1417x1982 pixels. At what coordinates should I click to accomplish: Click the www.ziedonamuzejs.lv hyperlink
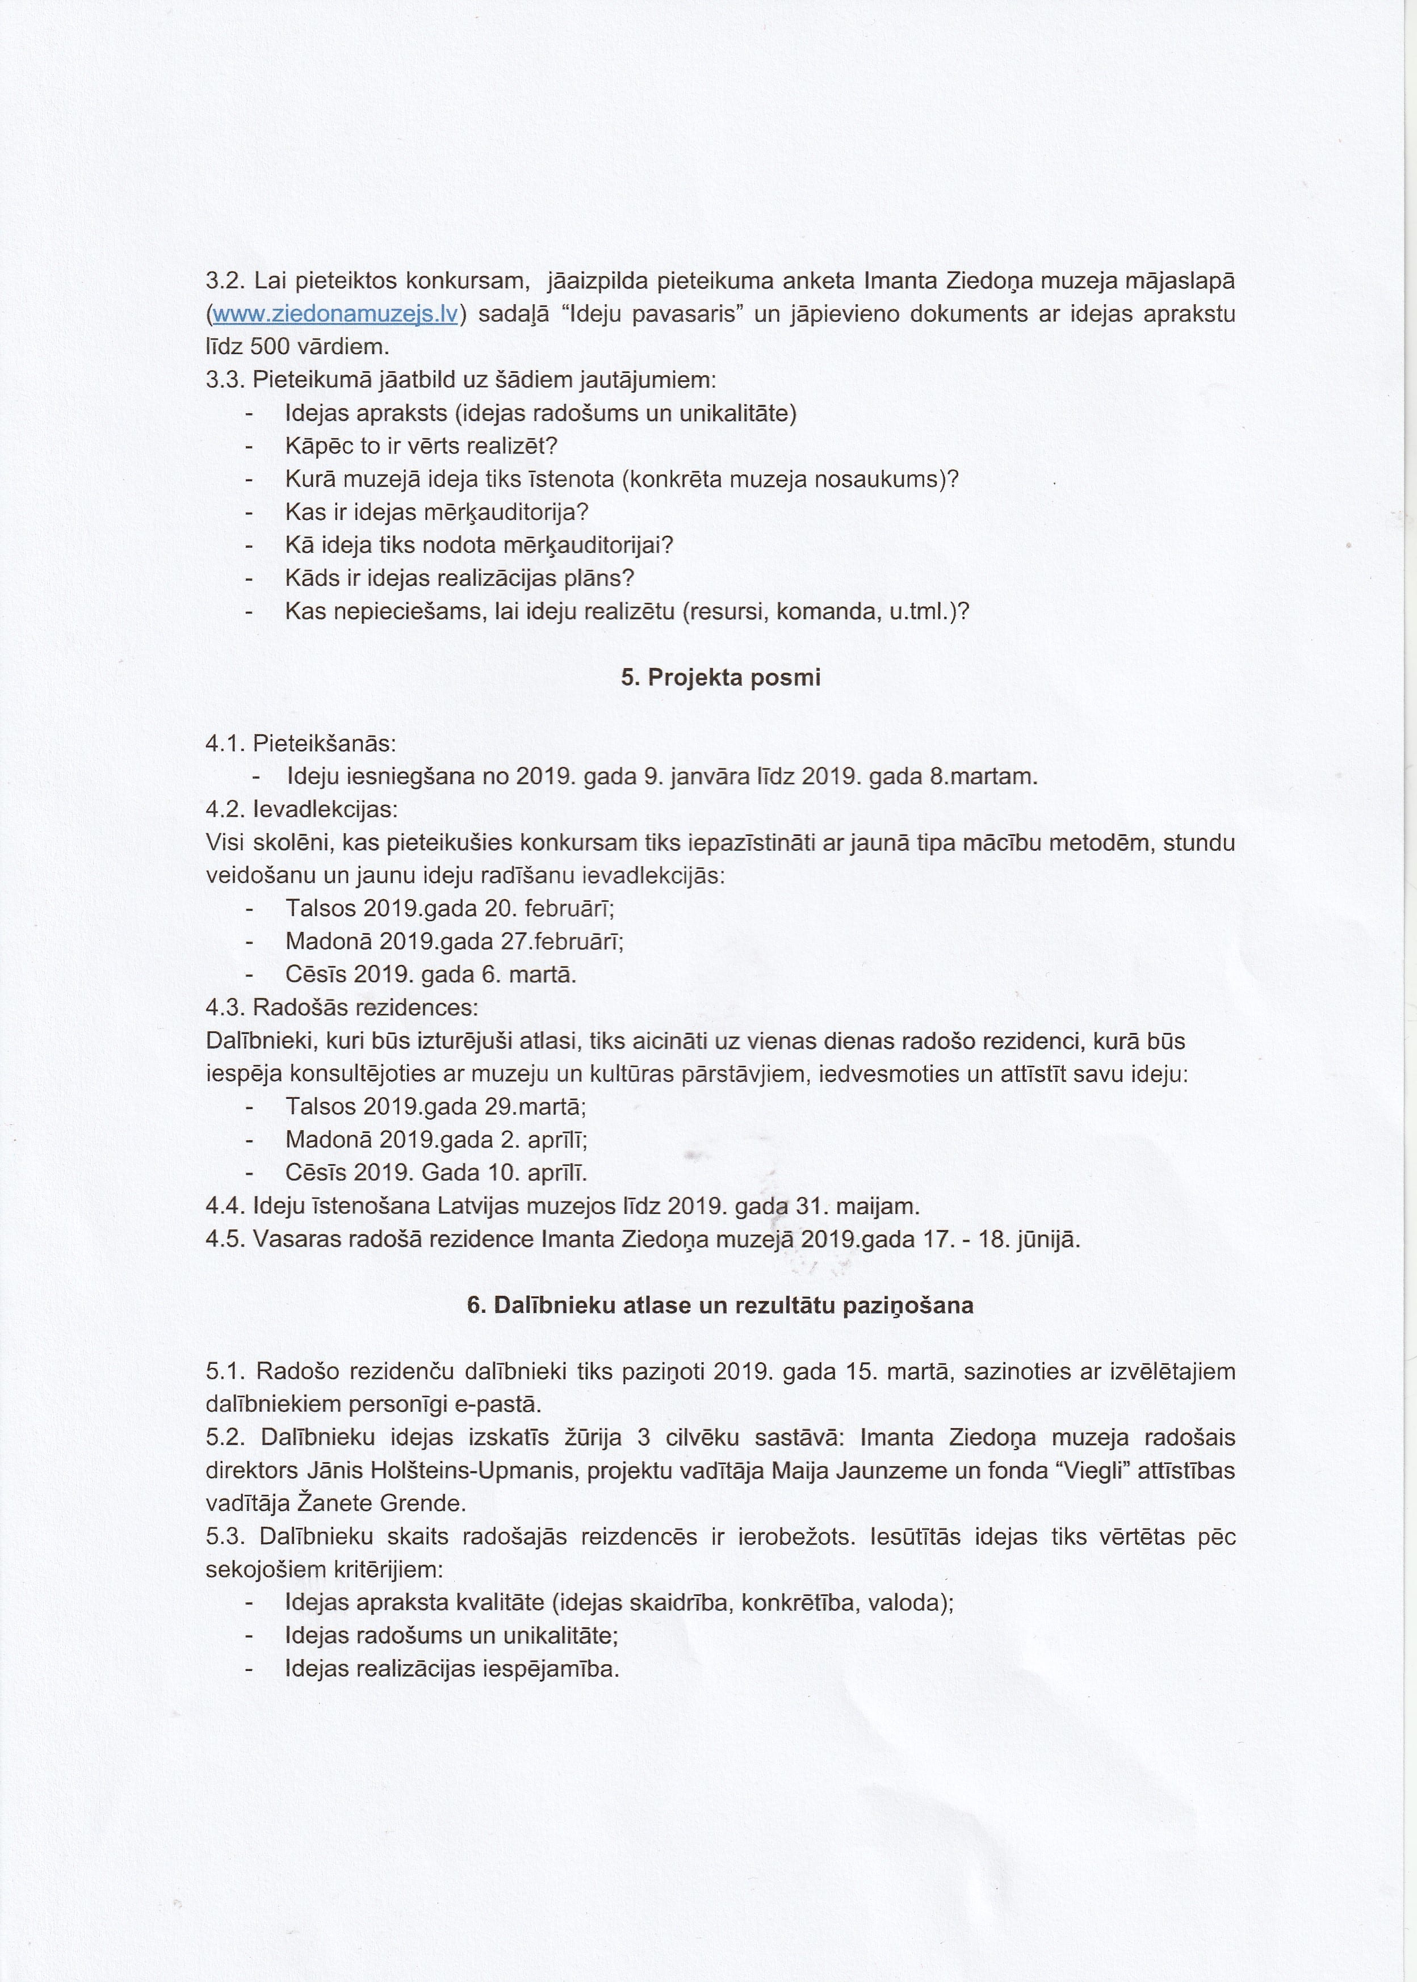pos(335,314)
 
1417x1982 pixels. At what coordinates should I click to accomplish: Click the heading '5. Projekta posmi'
pos(721,678)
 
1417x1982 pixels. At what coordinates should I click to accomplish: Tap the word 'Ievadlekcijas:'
pos(325,809)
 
